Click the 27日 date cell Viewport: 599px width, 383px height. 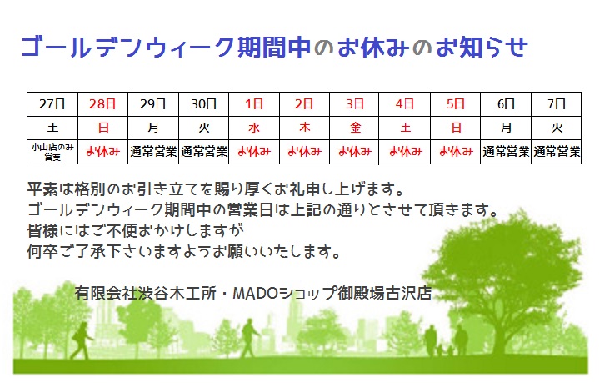tap(52, 104)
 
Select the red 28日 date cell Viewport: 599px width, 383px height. tap(102, 104)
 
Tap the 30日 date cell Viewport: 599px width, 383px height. tap(203, 104)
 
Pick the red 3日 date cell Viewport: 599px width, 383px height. tap(355, 104)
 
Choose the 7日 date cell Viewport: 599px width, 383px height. tap(557, 104)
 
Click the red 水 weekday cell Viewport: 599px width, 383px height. tap(254, 128)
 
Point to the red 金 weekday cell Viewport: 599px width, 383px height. tap(355, 128)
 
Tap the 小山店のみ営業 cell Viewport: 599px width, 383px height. tap(52, 152)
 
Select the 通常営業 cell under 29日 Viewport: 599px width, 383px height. tap(153, 152)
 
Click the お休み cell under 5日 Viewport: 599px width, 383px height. tap(456, 152)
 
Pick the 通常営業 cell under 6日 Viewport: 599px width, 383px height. tap(506, 152)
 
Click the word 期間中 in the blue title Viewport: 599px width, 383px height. tap(273, 48)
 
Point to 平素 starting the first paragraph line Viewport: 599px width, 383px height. tap(42, 189)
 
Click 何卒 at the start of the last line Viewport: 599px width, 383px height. tap(42, 251)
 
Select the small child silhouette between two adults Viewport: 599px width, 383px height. tap(440, 350)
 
